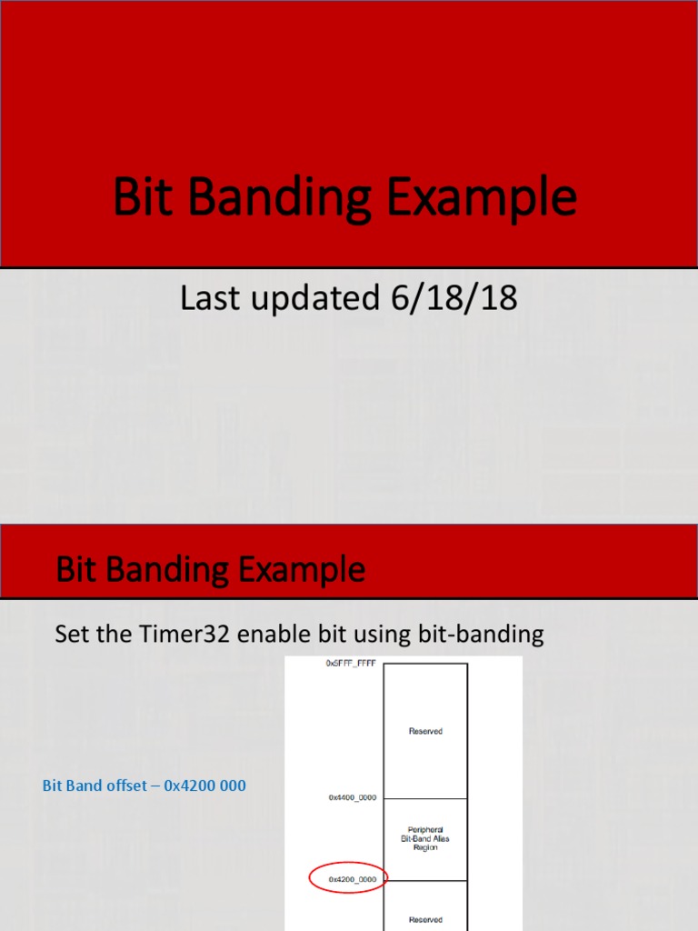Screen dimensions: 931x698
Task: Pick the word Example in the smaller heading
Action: coord(303,570)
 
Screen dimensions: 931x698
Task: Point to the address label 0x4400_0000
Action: coord(353,797)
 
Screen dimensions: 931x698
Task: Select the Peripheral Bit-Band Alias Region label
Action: coord(425,838)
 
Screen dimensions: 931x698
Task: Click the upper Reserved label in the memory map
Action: coord(425,731)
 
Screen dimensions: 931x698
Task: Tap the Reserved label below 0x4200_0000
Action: coord(425,919)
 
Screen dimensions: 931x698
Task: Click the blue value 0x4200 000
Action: coord(204,786)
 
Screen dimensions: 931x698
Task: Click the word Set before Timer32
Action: coord(70,635)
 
